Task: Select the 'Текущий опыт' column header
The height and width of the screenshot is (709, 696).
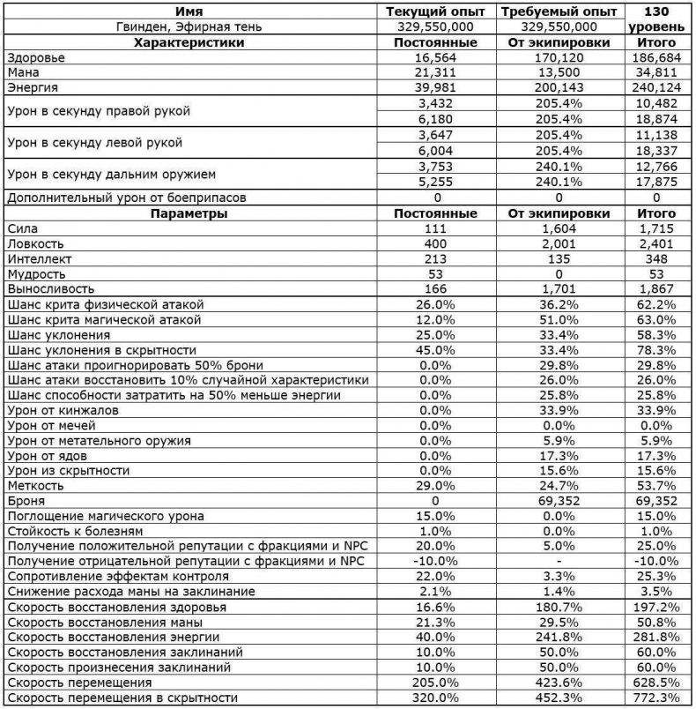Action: (x=436, y=12)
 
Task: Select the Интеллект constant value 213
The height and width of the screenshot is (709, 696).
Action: (x=436, y=258)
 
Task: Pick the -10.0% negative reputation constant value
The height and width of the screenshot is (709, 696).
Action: (x=436, y=561)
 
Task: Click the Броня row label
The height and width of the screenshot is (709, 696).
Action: (x=25, y=500)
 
